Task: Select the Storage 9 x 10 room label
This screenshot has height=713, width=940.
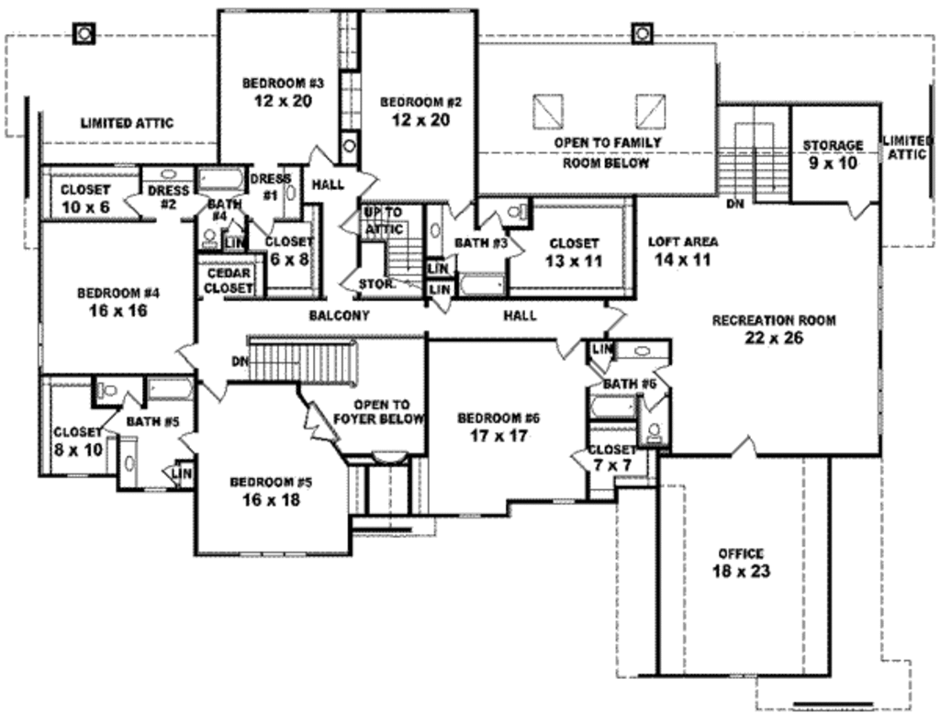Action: (833, 153)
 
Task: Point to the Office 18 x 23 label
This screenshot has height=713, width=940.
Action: (741, 563)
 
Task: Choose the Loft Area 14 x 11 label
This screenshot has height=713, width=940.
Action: (683, 251)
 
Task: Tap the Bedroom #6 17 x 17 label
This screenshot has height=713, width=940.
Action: (498, 427)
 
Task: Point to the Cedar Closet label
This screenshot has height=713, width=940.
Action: (229, 281)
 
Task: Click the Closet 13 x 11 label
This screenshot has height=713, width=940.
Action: (574, 251)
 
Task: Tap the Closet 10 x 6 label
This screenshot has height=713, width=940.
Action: (85, 198)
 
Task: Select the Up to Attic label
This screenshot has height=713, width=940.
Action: (383, 219)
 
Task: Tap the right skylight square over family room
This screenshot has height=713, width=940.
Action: (651, 111)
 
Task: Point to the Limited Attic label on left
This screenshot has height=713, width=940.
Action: (127, 123)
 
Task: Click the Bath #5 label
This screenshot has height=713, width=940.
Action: (148, 422)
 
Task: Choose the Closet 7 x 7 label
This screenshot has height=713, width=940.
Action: (612, 457)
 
